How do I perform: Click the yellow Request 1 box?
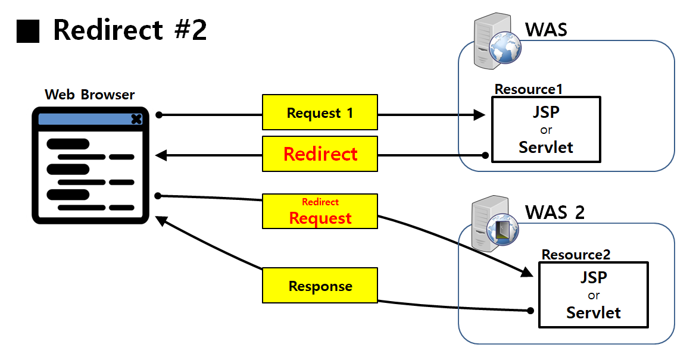320,112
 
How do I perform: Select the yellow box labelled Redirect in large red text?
320,154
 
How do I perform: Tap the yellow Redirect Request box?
320,211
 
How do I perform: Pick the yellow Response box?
320,286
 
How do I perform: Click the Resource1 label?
529,89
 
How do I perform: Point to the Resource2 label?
576,255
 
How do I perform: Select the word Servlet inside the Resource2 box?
593,312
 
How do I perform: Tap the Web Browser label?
90,95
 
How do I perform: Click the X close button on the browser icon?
136,119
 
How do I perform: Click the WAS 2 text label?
554,212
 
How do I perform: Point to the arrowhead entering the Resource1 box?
480,115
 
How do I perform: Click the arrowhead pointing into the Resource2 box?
526,272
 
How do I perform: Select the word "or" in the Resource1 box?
546,130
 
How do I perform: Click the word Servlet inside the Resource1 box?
546,147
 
